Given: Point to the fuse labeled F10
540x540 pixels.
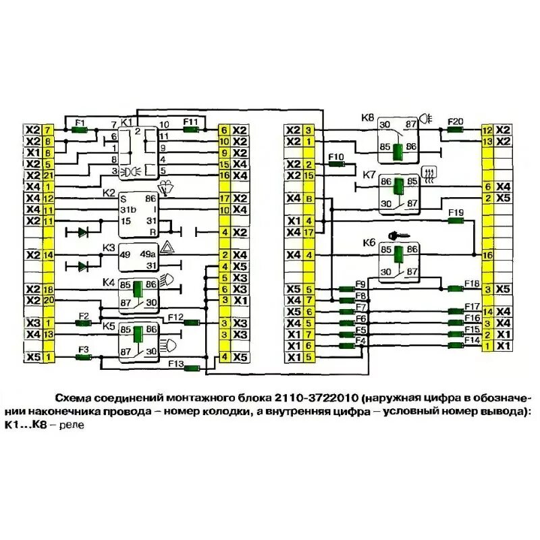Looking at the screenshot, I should [x=336, y=164].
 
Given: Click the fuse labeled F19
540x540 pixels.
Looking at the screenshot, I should [x=456, y=221].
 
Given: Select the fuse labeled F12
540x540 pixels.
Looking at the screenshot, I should [x=191, y=323].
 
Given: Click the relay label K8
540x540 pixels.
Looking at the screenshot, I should [x=367, y=117].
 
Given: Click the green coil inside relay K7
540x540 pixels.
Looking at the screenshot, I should [x=399, y=185].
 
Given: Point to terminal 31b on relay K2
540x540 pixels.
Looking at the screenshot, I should [x=128, y=210].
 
